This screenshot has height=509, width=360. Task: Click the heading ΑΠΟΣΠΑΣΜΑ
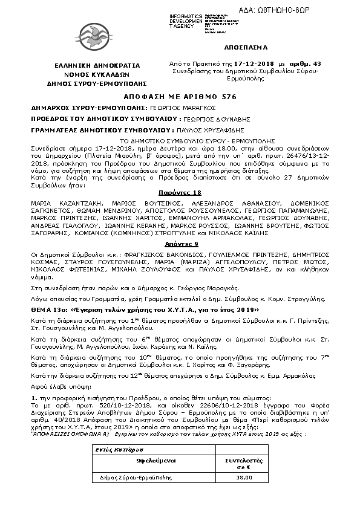tap(249, 47)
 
